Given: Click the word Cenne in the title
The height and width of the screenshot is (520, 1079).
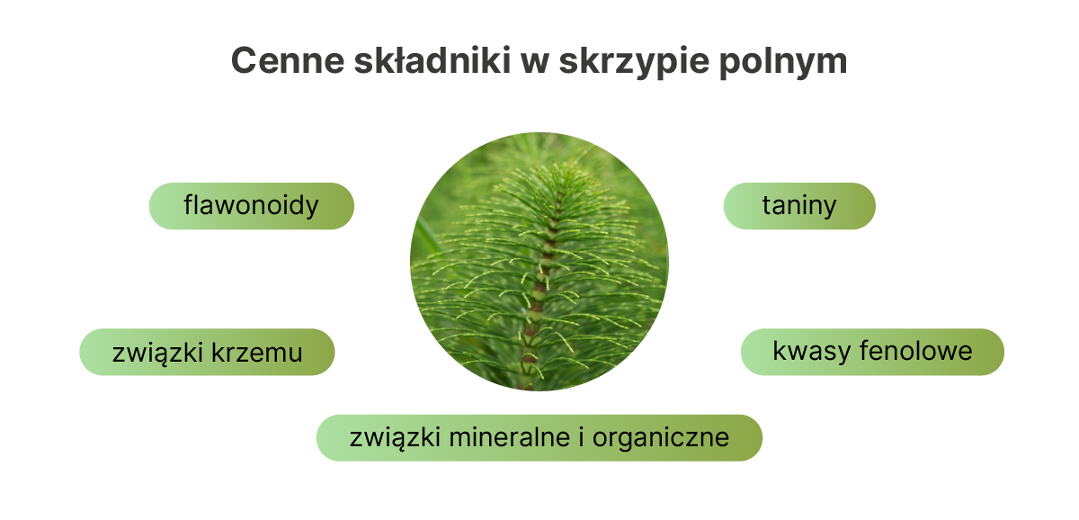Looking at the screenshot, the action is pos(288,60).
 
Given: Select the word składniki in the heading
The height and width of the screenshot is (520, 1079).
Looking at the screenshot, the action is pos(432,60).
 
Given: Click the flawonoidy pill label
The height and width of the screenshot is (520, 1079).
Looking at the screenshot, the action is pos(251,206).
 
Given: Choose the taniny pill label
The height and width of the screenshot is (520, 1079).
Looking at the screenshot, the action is pos(799,206).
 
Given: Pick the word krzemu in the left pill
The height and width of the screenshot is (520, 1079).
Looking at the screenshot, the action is pos(257,353).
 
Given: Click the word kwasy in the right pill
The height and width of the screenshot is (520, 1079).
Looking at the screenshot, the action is pos(811,352).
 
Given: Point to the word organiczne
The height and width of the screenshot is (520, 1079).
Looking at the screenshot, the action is pos(660,438).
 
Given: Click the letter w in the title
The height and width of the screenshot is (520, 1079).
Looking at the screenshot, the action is pos(535,64).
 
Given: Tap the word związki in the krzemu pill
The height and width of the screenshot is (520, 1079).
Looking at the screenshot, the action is pos(157,354).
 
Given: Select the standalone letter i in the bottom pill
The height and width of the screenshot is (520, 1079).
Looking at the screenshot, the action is pos(582,437).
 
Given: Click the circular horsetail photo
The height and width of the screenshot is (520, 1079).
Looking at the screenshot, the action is pos(539,261).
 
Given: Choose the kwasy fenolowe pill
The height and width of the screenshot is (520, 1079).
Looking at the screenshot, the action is pos(872,352).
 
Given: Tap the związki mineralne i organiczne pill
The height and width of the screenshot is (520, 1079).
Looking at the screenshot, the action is pos(539,438).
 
